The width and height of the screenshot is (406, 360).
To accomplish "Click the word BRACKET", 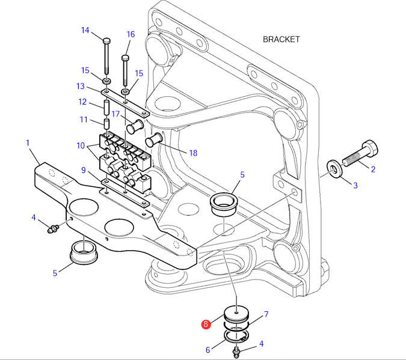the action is [x=281, y=39].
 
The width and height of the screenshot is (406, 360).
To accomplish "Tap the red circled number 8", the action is [x=206, y=324].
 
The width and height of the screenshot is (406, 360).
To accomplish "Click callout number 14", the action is [x=85, y=30].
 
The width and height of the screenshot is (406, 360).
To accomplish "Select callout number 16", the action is [x=131, y=34].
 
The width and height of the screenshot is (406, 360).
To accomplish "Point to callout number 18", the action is [x=193, y=153].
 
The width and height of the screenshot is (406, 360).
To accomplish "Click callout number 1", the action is [x=28, y=142].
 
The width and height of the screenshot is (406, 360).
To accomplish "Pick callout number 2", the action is [x=373, y=169].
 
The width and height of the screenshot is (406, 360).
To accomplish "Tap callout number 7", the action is [x=266, y=314].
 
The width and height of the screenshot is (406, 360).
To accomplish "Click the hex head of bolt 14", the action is [x=106, y=41].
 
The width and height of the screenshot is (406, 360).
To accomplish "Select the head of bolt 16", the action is [x=125, y=57].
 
